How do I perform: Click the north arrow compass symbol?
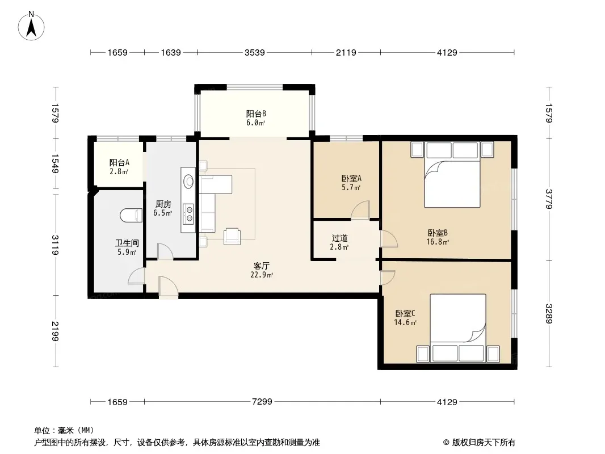[31, 26]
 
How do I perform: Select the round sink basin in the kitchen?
[188, 181]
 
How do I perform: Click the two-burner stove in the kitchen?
[188, 214]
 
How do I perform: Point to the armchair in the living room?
[232, 236]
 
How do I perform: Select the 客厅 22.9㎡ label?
[262, 270]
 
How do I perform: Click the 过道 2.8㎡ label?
[339, 242]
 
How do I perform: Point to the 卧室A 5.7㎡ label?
[351, 183]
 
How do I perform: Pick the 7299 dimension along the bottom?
[262, 402]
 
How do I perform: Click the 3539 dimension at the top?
[255, 52]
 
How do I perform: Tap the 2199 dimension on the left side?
[55, 331]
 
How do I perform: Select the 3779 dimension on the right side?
[549, 199]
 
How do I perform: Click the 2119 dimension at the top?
[346, 52]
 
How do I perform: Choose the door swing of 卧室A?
[360, 211]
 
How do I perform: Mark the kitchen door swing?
[165, 251]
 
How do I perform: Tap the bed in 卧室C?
[457, 328]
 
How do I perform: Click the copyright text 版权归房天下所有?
[484, 443]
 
